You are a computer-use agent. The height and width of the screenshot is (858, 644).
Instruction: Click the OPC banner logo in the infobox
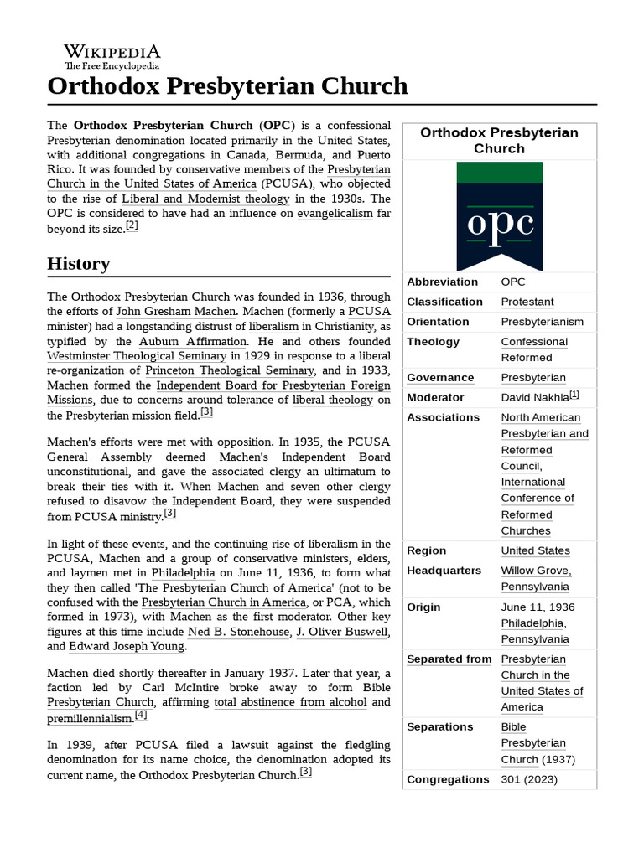point(499,216)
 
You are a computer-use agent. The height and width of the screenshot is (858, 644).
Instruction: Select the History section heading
point(79,264)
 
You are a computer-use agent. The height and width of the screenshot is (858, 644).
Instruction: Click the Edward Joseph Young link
point(126,646)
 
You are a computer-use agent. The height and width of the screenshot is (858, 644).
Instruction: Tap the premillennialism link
point(90,718)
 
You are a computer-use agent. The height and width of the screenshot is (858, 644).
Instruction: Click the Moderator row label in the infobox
point(435,397)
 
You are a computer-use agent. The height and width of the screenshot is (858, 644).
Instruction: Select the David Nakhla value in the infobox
point(534,397)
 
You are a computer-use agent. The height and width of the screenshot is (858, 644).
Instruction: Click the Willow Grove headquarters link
point(536,571)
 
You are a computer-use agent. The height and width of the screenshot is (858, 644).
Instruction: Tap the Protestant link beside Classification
point(527,302)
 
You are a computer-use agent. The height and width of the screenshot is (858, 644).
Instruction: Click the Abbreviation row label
point(442,282)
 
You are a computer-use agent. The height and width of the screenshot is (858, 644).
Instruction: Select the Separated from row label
point(449,659)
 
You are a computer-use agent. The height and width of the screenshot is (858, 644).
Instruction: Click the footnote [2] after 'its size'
point(132,225)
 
